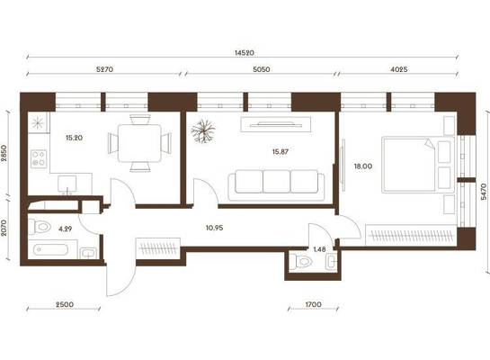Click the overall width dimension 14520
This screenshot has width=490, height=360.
(244, 53)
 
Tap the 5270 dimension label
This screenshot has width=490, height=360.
(104, 69)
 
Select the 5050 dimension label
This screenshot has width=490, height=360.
(262, 69)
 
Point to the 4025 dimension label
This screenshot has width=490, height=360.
(399, 69)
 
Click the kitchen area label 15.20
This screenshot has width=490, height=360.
(75, 138)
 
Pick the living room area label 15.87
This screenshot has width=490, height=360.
(280, 152)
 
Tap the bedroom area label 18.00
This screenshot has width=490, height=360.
(363, 166)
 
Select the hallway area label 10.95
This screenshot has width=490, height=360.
(214, 228)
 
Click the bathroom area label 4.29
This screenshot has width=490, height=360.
(66, 229)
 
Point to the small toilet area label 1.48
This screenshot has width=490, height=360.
(319, 249)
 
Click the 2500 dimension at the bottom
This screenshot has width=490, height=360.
(65, 304)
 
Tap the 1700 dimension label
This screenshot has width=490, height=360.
(313, 304)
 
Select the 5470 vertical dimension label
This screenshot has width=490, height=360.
(484, 192)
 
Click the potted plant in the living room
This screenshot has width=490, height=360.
(203, 131)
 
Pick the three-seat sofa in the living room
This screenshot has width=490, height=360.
(277, 184)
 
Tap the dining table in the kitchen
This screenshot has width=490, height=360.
(139, 143)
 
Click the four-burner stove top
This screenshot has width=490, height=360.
(39, 158)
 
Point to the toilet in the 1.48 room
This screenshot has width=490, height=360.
(300, 261)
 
